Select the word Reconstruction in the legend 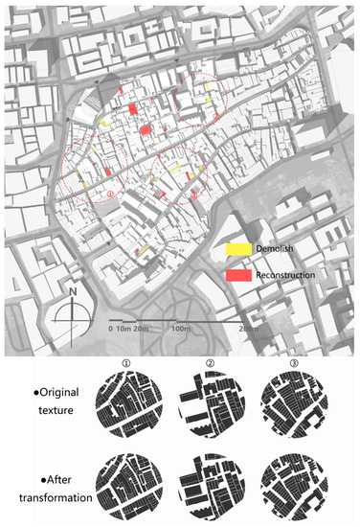click(x=291, y=276)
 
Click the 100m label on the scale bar click(x=179, y=329)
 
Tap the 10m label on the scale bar click(x=124, y=329)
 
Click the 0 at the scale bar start click(x=111, y=329)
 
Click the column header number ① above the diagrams click(x=138, y=363)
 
